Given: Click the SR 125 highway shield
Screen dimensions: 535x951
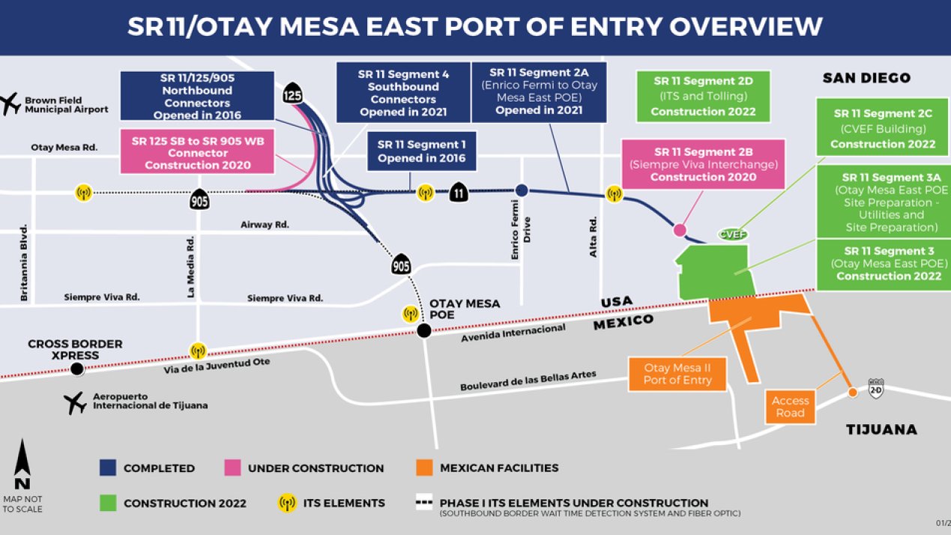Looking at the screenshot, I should tap(293, 95).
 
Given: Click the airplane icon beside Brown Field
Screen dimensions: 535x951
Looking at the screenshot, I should tap(11, 103).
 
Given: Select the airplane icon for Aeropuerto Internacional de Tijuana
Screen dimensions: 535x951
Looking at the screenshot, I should tap(76, 402).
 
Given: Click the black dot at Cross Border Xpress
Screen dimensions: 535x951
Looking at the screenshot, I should tap(76, 369).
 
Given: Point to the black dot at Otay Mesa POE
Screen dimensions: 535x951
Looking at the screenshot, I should tap(423, 330).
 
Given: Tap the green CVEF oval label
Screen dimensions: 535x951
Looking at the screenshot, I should tap(733, 234).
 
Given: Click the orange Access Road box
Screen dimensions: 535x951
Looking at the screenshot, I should tap(790, 407).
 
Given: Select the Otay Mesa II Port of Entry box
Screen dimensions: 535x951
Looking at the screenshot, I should tap(677, 374).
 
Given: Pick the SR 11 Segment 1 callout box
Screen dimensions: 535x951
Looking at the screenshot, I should tap(421, 151).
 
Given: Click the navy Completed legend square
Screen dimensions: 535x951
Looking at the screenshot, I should tap(108, 468).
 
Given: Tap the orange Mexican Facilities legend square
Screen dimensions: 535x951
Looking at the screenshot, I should tap(424, 468).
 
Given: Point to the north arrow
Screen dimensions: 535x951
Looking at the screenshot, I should tap(22, 465).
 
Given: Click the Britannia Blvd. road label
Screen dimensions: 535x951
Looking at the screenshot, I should tap(24, 263).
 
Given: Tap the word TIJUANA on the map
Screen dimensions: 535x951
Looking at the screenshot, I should tap(881, 429).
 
